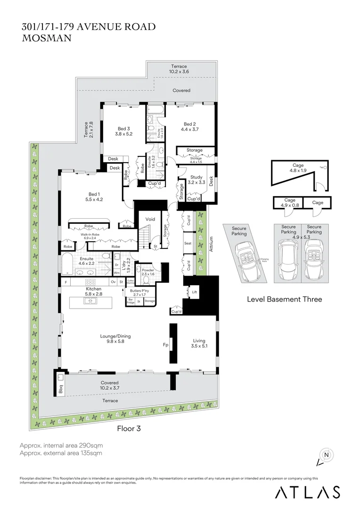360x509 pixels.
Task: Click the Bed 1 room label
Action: (x=94, y=194)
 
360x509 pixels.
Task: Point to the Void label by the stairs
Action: (x=150, y=219)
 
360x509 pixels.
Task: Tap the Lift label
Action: (x=194, y=292)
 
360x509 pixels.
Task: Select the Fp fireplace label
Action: (x=165, y=345)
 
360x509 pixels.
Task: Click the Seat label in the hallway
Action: (x=188, y=243)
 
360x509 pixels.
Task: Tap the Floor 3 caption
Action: (x=129, y=428)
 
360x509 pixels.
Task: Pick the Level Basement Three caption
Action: (x=285, y=299)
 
